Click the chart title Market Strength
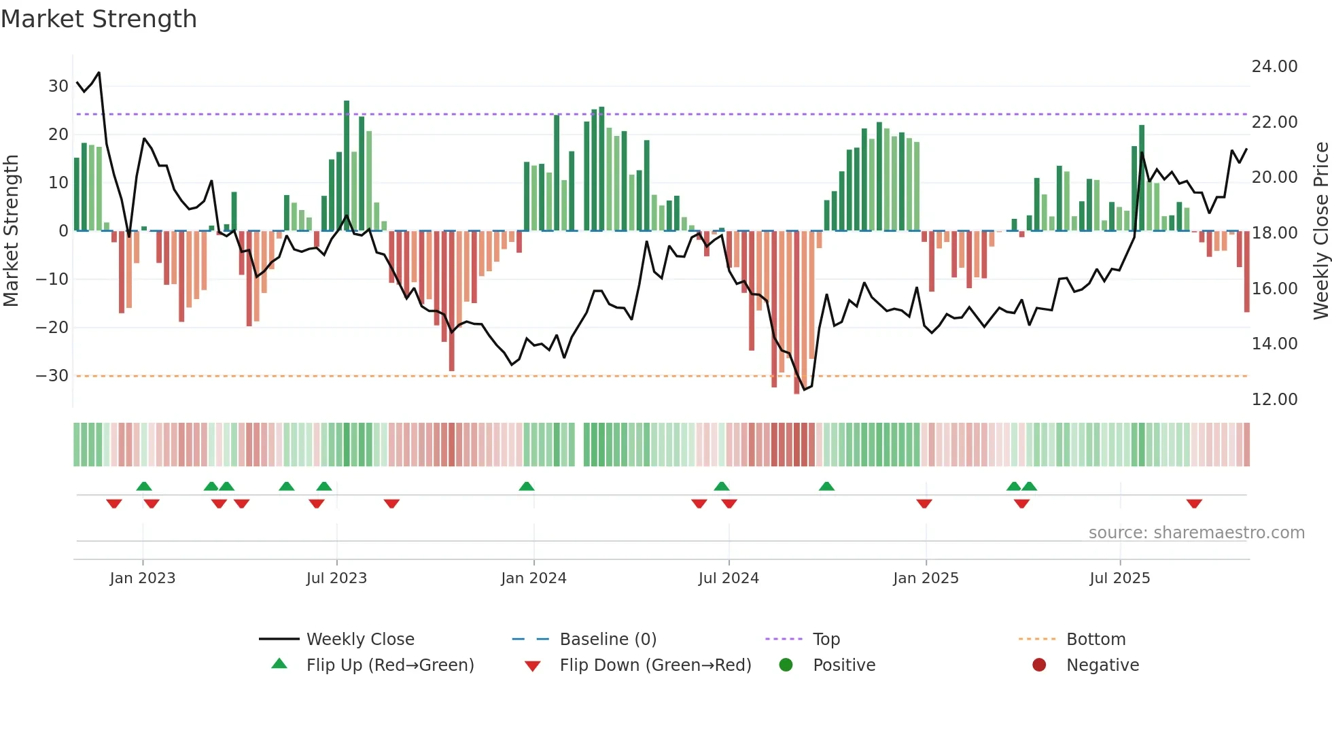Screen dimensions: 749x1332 99,19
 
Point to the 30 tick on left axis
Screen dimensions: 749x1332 58,86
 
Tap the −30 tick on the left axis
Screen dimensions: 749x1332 52,376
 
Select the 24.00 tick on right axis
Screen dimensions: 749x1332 1274,67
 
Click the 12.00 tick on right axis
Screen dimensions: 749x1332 1274,400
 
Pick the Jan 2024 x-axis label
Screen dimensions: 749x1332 533,578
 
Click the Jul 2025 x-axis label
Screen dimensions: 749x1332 1119,578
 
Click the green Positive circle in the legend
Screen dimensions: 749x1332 786,665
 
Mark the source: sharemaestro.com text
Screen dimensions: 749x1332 1196,533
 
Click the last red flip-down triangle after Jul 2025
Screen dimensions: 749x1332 1194,504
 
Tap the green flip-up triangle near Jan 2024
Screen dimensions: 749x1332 527,486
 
